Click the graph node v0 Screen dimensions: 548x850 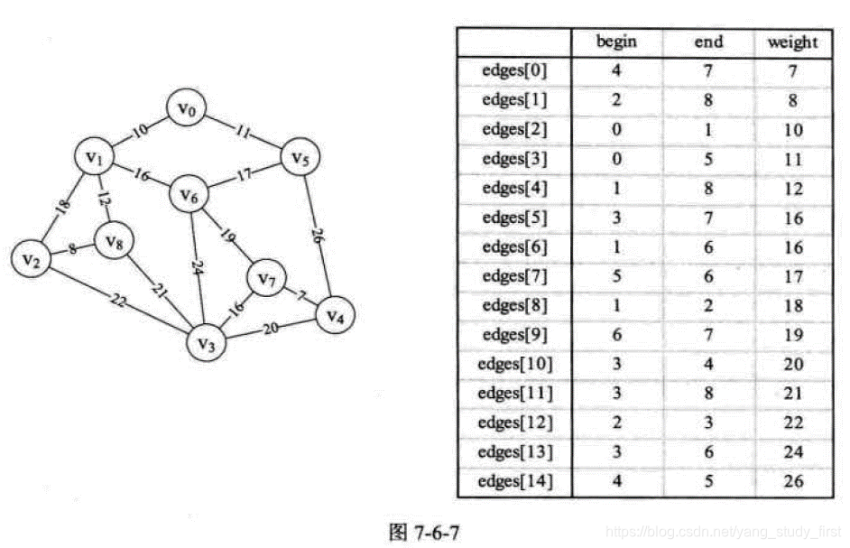click(187, 110)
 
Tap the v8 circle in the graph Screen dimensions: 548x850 click(114, 242)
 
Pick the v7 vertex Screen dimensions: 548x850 click(266, 281)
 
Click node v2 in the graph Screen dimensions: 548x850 click(32, 260)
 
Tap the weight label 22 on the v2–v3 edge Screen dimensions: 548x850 click(118, 301)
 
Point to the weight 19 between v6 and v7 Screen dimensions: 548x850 click(228, 239)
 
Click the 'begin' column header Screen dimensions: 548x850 click(616, 42)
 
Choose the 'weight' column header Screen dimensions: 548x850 click(792, 42)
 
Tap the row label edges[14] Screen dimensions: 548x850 click(514, 480)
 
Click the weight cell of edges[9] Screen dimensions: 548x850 click(792, 334)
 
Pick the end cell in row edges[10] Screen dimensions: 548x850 click(708, 364)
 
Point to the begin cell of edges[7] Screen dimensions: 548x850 click(616, 275)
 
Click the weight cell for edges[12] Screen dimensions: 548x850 click(792, 423)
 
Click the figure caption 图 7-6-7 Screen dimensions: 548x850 click(424, 532)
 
